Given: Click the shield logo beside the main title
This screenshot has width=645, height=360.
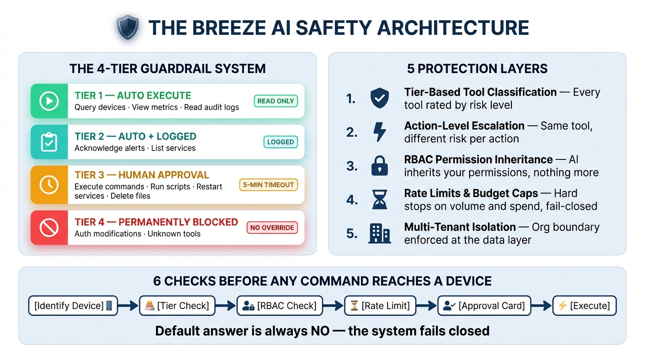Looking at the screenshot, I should point(128,28).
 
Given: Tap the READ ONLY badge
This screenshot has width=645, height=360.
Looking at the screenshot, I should point(276,101).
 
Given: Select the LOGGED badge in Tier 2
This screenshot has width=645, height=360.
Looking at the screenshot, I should point(280,142).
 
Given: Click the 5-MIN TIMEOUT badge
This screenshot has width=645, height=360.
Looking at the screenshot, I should point(269,185).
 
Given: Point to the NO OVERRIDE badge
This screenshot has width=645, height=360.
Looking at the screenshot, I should point(272,228).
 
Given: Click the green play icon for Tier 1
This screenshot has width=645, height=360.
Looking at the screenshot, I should point(49,101).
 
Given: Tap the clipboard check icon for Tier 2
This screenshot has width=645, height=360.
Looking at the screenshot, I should point(49,142).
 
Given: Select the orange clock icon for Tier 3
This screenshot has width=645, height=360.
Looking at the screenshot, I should point(49,185).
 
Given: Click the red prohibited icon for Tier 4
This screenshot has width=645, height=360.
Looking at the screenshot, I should point(49,228).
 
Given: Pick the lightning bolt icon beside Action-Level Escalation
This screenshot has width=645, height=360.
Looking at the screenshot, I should point(379,132).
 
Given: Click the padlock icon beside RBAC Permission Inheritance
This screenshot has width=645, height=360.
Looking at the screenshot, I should point(379,166).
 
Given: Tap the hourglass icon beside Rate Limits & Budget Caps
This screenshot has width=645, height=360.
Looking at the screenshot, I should point(379,200).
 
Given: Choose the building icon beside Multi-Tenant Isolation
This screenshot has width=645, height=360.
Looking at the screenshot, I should point(379,233).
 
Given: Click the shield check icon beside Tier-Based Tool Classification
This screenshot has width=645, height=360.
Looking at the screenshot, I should point(379,98).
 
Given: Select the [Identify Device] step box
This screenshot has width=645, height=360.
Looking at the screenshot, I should point(73,306).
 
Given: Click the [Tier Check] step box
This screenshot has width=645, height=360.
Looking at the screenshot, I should point(178,306).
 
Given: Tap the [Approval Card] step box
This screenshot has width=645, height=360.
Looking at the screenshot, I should point(484,306).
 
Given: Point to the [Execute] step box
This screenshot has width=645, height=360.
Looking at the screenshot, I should point(584,306).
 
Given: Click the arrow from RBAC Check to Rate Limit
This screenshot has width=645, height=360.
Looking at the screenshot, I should point(334,306).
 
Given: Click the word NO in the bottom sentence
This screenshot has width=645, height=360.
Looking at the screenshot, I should point(320,331).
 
